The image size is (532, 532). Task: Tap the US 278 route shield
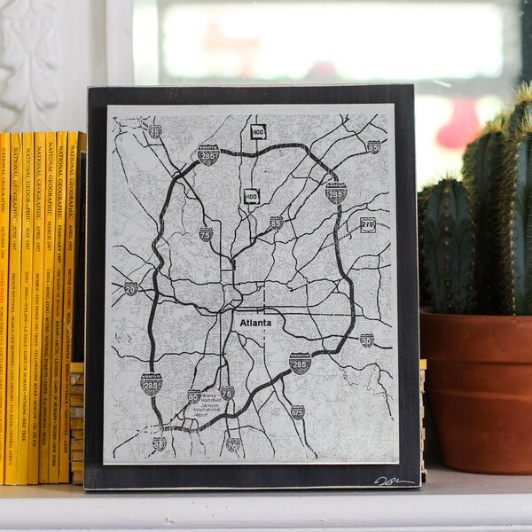(x=367, y=224)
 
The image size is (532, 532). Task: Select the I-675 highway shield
(x=297, y=411)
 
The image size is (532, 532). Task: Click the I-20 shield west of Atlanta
(x=130, y=288)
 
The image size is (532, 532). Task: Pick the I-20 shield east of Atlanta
(x=366, y=340)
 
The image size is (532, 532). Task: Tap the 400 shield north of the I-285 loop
(x=258, y=132)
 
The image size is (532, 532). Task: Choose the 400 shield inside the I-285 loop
(x=252, y=196)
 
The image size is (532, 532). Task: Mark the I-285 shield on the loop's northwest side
(x=208, y=156)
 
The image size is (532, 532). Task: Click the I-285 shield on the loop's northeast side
(x=335, y=192)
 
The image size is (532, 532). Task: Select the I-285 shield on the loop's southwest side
(x=151, y=383)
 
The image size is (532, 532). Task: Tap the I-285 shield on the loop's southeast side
(x=300, y=362)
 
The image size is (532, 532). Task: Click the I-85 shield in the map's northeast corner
(x=373, y=146)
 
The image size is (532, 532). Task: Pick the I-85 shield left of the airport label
(x=194, y=396)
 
